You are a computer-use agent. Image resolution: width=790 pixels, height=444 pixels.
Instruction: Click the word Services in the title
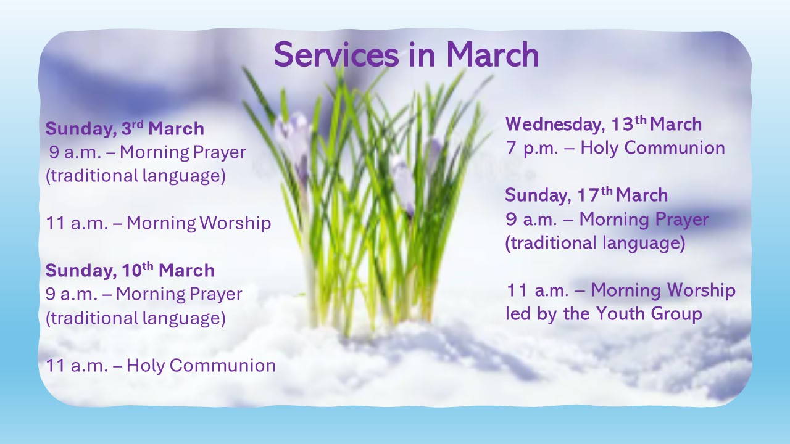pyautogui.click(x=337, y=55)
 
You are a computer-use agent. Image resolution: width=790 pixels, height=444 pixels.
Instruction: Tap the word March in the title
pyautogui.click(x=493, y=55)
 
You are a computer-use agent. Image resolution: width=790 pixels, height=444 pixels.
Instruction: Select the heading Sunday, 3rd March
pyautogui.click(x=125, y=128)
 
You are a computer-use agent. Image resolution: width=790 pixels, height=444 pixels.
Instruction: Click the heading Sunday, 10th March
pyautogui.click(x=130, y=270)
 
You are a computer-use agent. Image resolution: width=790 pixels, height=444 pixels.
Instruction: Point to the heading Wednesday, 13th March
pyautogui.click(x=604, y=125)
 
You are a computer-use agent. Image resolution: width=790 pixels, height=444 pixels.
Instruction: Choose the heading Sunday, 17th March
pyautogui.click(x=586, y=195)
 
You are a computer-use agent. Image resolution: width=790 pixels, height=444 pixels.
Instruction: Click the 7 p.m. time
pyautogui.click(x=532, y=148)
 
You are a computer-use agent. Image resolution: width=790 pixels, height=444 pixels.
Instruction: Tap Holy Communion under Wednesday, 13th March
pyautogui.click(x=652, y=147)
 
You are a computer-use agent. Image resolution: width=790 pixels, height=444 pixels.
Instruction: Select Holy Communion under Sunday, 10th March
pyautogui.click(x=201, y=365)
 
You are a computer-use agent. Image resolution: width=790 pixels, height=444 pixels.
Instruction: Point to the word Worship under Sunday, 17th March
pyautogui.click(x=702, y=290)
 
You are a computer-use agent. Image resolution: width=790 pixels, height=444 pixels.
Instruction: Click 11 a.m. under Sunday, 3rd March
pyautogui.click(x=77, y=223)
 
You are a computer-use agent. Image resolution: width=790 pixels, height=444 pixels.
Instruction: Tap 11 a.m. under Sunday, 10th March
pyautogui.click(x=77, y=366)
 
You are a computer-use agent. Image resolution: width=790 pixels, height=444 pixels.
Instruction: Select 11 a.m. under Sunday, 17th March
pyautogui.click(x=538, y=290)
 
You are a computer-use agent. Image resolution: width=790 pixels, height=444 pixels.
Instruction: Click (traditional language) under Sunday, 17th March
pyautogui.click(x=596, y=243)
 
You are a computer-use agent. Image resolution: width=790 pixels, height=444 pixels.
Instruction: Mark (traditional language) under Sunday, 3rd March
pyautogui.click(x=135, y=176)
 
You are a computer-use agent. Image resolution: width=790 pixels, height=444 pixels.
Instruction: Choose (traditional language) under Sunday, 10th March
pyautogui.click(x=135, y=318)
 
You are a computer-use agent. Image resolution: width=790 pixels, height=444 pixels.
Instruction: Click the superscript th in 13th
pyautogui.click(x=641, y=120)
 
